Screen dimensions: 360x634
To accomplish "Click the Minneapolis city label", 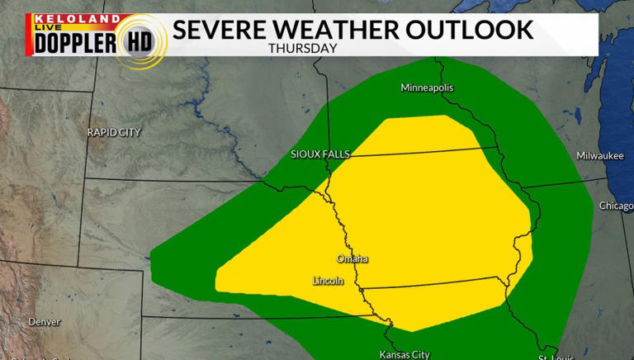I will click(x=427, y=88).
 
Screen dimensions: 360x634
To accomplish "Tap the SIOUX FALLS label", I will click(x=320, y=154).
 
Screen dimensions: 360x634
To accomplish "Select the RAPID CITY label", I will click(x=114, y=132).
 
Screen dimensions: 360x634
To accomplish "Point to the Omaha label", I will click(x=352, y=259).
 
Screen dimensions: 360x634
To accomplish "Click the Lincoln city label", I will click(x=328, y=281).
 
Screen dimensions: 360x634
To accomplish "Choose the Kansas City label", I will click(x=404, y=354).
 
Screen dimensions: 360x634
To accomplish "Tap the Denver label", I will click(x=44, y=321).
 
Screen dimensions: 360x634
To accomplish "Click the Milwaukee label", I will click(x=600, y=155).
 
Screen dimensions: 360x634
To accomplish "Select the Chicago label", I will click(x=616, y=206).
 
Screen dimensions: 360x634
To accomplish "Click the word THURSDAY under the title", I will click(x=302, y=48).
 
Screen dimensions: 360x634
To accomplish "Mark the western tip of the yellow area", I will click(x=215, y=279).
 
